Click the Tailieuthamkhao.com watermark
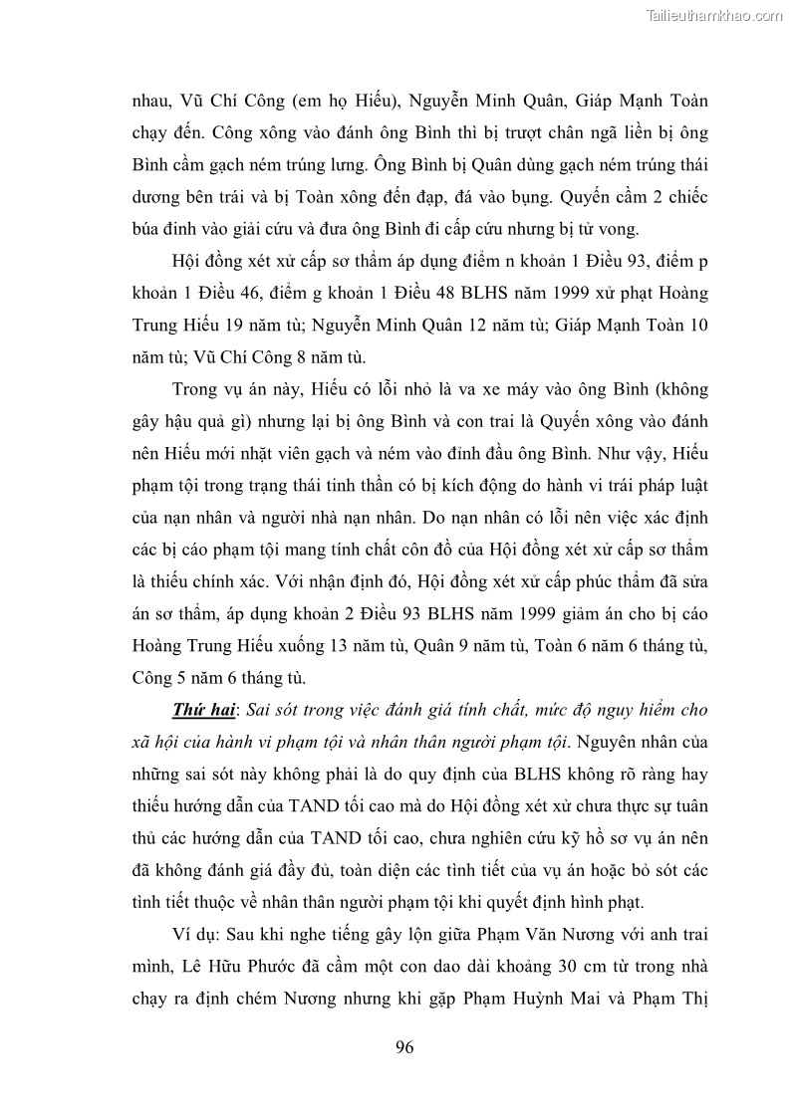point(715,15)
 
